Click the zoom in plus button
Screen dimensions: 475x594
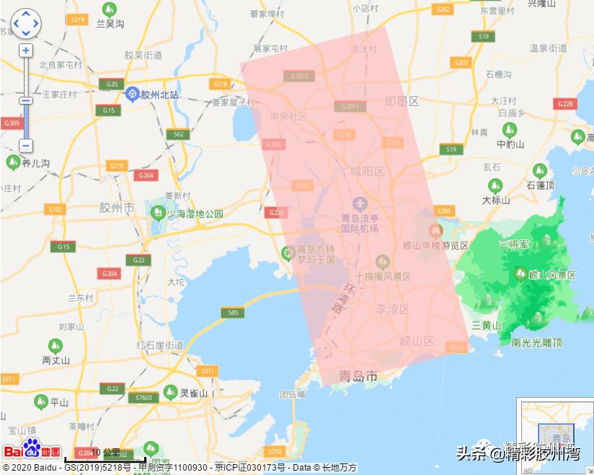[x=26, y=51]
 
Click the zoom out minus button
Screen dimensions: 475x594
[x=26, y=146]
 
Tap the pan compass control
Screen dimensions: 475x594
[x=26, y=24]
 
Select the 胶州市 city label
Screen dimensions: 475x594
[x=116, y=208]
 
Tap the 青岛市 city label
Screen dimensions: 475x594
[x=358, y=376]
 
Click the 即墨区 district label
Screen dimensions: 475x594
[x=402, y=101]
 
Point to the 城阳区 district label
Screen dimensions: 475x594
[x=368, y=172]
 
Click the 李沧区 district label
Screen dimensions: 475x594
[x=393, y=309]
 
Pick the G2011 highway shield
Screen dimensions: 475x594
[x=350, y=107]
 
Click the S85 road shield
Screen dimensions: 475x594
[x=232, y=313]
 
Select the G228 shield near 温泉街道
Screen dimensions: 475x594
[x=565, y=104]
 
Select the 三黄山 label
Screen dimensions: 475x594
[x=486, y=326]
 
